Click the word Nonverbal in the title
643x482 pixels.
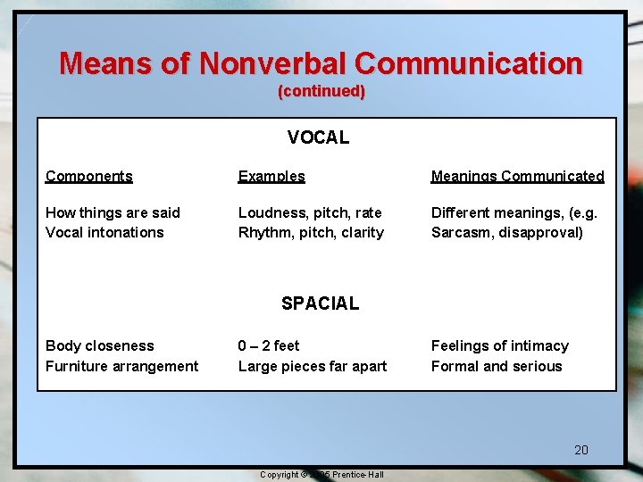coord(273,63)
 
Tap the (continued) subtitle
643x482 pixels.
coord(321,92)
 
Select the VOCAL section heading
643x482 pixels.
coord(318,137)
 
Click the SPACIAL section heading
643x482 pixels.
coord(320,303)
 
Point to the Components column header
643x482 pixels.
coord(89,176)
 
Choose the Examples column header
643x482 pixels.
coord(271,176)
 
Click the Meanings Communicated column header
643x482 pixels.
coord(517,176)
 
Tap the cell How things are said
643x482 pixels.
coord(113,212)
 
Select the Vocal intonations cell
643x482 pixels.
coord(104,232)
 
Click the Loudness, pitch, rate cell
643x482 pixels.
coord(310,212)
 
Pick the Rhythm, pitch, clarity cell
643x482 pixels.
coord(311,232)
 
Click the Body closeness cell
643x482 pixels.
coord(100,345)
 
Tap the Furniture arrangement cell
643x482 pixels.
coord(122,366)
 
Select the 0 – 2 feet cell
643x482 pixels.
coord(269,345)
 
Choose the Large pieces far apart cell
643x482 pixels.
coord(313,366)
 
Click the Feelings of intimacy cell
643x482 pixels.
coord(499,345)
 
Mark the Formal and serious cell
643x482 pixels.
coord(497,366)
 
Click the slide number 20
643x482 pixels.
coord(581,450)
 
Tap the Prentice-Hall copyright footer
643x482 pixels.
coord(321,474)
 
